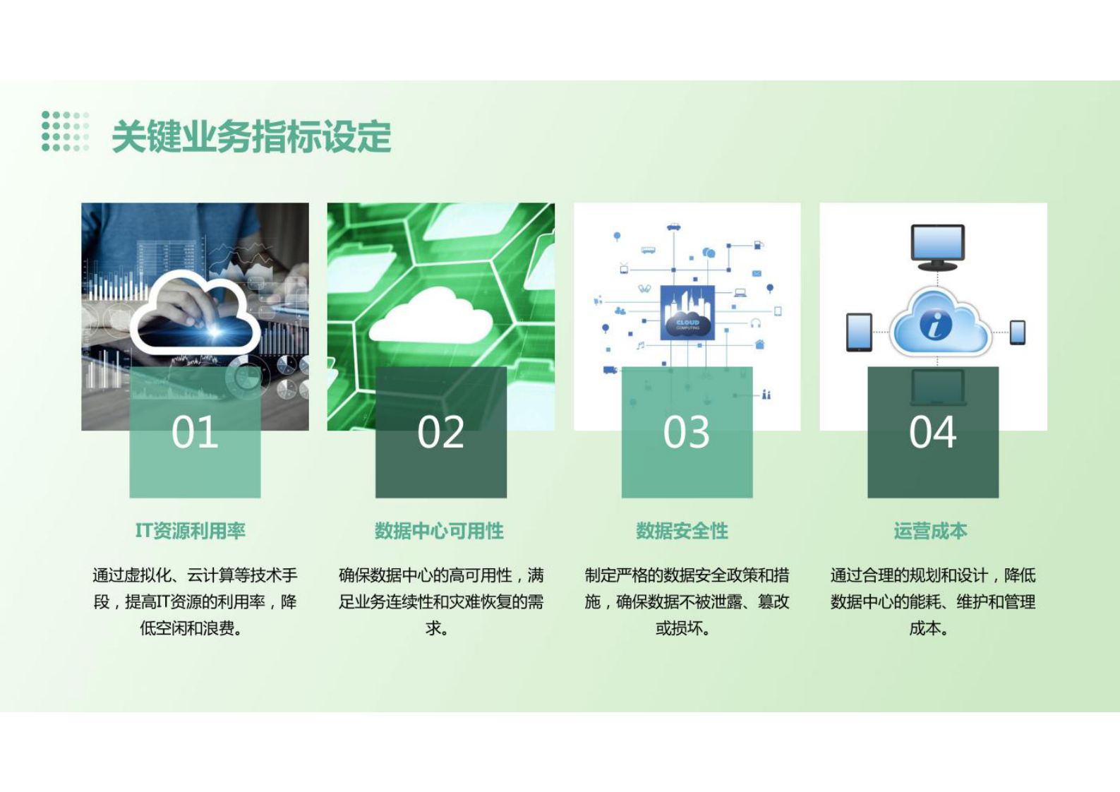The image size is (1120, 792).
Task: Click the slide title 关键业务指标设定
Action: [x=251, y=136]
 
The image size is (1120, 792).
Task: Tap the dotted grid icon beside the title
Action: [x=65, y=131]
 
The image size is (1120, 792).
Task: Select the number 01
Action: [x=195, y=432]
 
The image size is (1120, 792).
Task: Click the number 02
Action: [x=440, y=432]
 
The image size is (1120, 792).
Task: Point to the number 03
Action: [x=686, y=432]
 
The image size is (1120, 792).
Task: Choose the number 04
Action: [x=932, y=432]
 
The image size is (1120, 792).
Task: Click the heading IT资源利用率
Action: [x=191, y=531]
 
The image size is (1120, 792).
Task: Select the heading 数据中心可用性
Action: [x=439, y=531]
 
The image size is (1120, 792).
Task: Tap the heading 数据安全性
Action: [x=682, y=531]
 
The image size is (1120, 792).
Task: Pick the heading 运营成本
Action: [x=930, y=531]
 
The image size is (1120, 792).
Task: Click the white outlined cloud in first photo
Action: [x=195, y=314]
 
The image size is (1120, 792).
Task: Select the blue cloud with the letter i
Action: [x=939, y=325]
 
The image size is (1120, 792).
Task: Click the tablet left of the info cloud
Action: [x=859, y=332]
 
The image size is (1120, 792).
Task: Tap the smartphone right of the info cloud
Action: [x=1017, y=332]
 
